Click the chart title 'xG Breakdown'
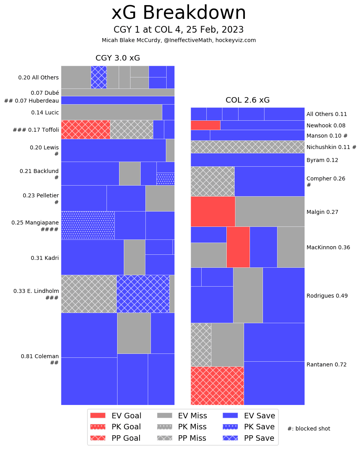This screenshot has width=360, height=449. coord(179,13)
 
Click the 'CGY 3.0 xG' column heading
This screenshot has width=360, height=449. coord(118,58)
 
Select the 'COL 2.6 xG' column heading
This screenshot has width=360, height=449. coord(248,100)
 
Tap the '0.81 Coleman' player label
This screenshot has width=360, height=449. coord(40,356)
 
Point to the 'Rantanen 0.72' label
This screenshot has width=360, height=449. coord(326,364)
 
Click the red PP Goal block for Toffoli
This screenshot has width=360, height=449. coord(85,129)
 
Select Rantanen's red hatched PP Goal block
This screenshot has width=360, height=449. coord(217,385)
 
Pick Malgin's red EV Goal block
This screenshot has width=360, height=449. coord(213,211)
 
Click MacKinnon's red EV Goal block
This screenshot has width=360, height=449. coord(238,247)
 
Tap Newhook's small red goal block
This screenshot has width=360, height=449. coord(205,125)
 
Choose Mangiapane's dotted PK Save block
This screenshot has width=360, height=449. coord(88,225)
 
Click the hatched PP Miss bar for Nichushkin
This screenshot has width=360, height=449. coord(248,147)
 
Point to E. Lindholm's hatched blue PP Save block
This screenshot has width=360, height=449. coord(143,294)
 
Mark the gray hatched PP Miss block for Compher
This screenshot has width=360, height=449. coord(212,181)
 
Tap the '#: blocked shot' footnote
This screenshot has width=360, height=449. coord(309,429)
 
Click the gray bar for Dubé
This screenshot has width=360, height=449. coord(118,92)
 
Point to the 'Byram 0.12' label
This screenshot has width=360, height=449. coord(322,160)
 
